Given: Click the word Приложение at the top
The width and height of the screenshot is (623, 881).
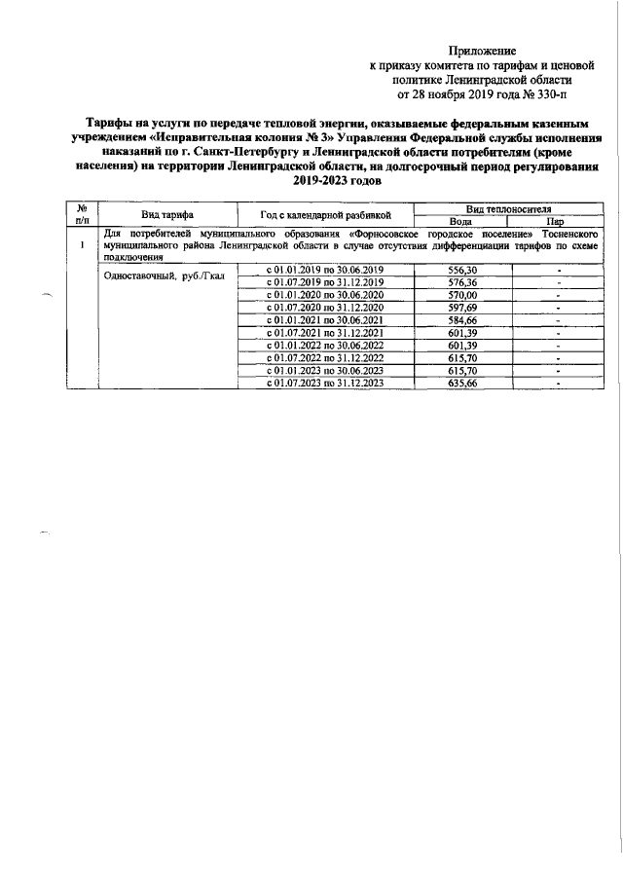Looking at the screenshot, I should point(482,50).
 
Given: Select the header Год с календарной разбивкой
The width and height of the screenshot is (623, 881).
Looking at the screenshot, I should point(318,214).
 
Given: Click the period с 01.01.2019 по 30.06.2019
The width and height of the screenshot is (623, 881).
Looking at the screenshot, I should point(318,269).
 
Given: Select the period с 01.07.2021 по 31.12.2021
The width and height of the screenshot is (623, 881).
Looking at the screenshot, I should point(318,332).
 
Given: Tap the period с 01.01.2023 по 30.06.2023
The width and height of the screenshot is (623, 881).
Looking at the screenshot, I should point(318,371).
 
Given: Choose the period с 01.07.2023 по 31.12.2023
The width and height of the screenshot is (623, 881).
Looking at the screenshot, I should point(318,384).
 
